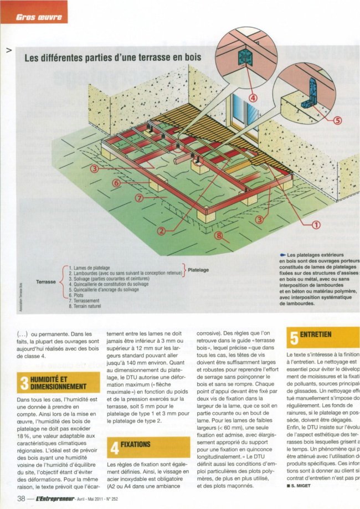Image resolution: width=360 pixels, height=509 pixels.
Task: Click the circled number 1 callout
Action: [x=317, y=224]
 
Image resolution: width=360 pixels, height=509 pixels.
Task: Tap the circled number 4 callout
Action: [x=254, y=98]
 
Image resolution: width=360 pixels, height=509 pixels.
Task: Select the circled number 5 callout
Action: [x=337, y=120]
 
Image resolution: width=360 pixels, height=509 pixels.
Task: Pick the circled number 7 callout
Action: [x=140, y=198]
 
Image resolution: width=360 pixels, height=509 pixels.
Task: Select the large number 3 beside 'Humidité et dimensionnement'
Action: [x=24, y=382]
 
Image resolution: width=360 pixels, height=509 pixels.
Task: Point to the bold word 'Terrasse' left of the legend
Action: [x=46, y=282]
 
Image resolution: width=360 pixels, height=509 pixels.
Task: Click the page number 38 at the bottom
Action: [x=20, y=498]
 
